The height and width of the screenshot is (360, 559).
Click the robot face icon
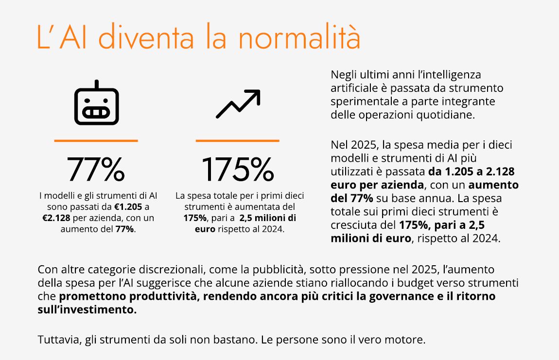tap(96, 104)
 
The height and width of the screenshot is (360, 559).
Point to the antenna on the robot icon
tap(96, 84)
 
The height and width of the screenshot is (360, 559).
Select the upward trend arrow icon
tap(238, 103)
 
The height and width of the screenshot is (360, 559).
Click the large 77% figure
tap(96, 169)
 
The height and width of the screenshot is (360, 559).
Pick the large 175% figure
tap(237, 169)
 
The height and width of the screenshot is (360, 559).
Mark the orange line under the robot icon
tap(96, 141)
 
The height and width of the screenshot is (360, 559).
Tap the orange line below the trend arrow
tap(237, 141)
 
